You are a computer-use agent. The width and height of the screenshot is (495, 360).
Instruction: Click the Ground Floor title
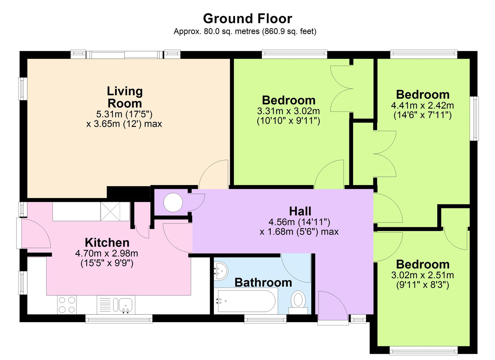(x=247, y=19)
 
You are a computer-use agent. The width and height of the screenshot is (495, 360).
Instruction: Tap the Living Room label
(x=124, y=97)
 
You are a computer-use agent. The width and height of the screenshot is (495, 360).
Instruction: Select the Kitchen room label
(x=107, y=242)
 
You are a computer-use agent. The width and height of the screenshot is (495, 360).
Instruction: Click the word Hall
(x=300, y=211)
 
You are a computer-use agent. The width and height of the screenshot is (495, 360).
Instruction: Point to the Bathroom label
(x=263, y=282)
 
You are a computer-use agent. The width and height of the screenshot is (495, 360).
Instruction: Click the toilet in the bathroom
(x=298, y=300)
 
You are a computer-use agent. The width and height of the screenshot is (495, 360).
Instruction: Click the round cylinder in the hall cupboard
(x=173, y=202)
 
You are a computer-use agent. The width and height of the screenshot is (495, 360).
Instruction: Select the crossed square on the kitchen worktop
(x=110, y=211)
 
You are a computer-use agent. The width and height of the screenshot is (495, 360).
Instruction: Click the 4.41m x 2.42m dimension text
(x=422, y=106)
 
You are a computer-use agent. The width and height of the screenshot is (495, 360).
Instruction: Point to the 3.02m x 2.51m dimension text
(x=422, y=275)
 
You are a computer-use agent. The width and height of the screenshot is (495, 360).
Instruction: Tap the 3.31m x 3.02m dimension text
(x=288, y=111)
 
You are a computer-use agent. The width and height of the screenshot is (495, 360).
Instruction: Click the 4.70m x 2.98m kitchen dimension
(x=107, y=254)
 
